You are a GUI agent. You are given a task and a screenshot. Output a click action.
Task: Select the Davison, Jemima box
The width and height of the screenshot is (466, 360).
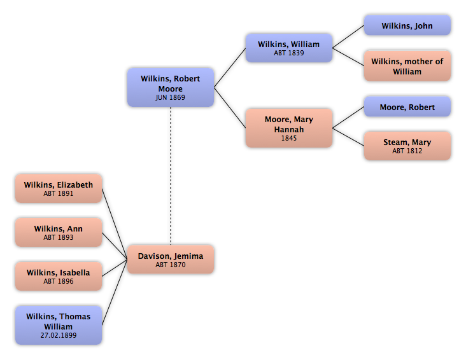pyautogui.click(x=170, y=260)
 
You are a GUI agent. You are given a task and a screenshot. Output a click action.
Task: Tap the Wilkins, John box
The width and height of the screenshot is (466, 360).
pyautogui.click(x=407, y=26)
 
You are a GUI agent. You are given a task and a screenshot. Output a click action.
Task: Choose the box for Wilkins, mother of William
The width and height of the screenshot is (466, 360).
pyautogui.click(x=407, y=66)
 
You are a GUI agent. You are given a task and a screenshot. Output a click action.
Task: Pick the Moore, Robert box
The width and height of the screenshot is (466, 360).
pyautogui.click(x=407, y=107)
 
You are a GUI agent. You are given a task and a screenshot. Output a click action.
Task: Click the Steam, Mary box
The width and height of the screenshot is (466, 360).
pyautogui.click(x=407, y=146)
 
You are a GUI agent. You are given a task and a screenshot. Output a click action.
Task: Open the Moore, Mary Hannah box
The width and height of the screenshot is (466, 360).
pyautogui.click(x=289, y=128)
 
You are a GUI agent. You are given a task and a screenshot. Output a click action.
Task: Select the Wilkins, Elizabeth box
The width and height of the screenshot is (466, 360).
pyautogui.click(x=58, y=188)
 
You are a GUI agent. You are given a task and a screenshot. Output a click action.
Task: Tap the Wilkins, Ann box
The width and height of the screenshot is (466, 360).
pyautogui.click(x=58, y=232)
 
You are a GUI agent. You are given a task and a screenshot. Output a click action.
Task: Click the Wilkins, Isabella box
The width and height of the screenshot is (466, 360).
pyautogui.click(x=58, y=276)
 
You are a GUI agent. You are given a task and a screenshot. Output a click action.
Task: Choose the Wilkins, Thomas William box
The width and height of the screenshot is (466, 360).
pyautogui.click(x=58, y=325)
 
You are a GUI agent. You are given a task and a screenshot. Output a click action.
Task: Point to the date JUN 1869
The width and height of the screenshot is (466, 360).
pyautogui.click(x=170, y=99)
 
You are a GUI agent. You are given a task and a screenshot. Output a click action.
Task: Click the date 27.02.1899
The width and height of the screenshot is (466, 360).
pyautogui.click(x=58, y=335)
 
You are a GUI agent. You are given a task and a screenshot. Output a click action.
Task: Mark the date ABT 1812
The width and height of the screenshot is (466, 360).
pyautogui.click(x=407, y=151)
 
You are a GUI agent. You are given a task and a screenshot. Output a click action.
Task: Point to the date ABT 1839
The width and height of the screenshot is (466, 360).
pyautogui.click(x=289, y=53)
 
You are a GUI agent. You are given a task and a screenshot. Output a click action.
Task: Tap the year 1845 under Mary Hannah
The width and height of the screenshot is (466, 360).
pyautogui.click(x=289, y=138)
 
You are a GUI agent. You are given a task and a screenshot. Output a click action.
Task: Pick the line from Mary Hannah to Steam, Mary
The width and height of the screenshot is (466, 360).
pyautogui.click(x=349, y=136)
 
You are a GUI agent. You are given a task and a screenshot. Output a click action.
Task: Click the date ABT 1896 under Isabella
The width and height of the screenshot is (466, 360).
pyautogui.click(x=58, y=281)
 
